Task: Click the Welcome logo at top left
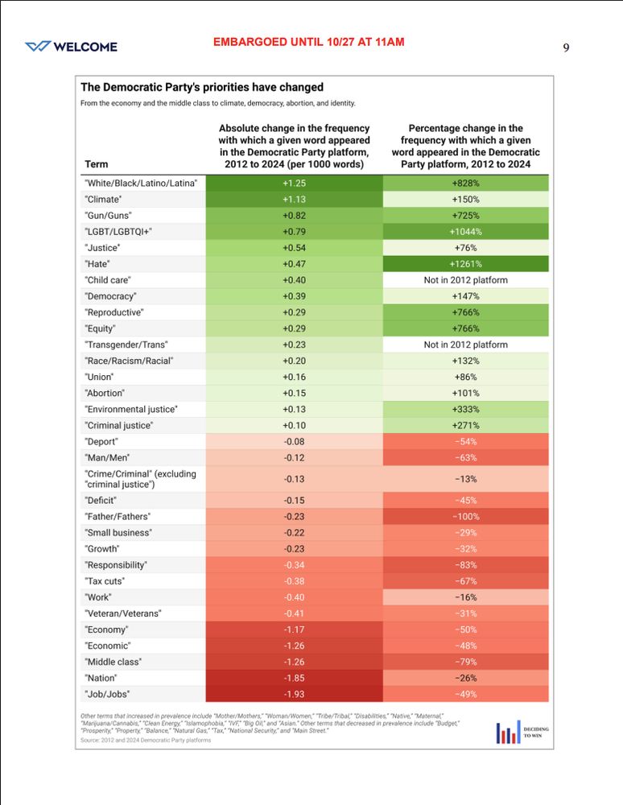[x=71, y=47]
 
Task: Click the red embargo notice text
[x=308, y=42]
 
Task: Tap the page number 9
[x=566, y=47]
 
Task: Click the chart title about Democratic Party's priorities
[x=201, y=87]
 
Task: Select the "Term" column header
[x=96, y=164]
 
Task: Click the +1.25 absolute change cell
[x=294, y=184]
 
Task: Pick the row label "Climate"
[x=105, y=200]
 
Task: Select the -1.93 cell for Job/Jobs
[x=294, y=694]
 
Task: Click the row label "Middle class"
[x=113, y=662]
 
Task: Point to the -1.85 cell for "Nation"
[x=294, y=678]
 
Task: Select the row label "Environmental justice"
[x=131, y=409]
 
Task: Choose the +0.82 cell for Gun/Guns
[x=294, y=216]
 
